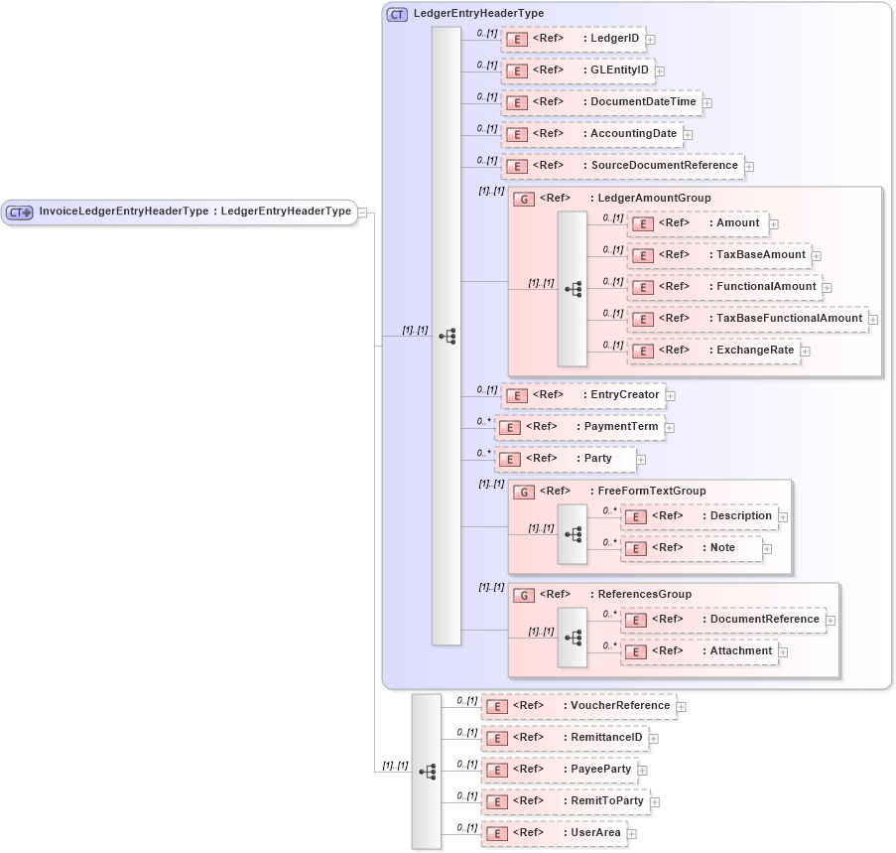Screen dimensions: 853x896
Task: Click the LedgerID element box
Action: click(x=574, y=40)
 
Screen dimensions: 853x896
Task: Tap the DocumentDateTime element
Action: click(x=601, y=103)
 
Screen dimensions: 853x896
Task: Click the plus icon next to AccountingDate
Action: click(x=688, y=135)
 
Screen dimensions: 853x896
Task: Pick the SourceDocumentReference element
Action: click(x=622, y=166)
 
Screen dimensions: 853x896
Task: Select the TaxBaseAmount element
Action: click(x=718, y=255)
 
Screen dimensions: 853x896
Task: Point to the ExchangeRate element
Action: click(x=713, y=351)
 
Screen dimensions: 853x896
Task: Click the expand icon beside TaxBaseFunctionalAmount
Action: click(x=873, y=320)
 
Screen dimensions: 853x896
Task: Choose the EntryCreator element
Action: click(x=582, y=395)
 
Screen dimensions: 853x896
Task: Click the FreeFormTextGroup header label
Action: click(x=651, y=492)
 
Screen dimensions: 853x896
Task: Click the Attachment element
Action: click(x=699, y=651)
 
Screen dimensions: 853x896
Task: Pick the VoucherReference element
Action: click(x=578, y=706)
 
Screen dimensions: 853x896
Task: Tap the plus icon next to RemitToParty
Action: click(x=655, y=802)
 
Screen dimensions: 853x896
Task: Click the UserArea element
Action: click(x=554, y=833)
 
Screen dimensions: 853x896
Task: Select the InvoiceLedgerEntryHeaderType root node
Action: click(x=179, y=212)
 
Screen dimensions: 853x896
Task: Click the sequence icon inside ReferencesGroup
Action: click(x=572, y=636)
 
